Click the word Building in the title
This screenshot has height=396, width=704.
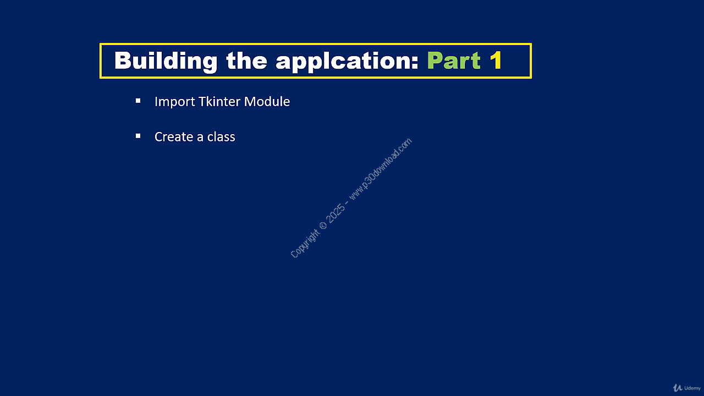[166, 61]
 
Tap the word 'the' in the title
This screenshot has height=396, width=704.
[247, 60]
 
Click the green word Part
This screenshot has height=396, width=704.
[454, 60]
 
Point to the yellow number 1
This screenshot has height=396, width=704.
[496, 60]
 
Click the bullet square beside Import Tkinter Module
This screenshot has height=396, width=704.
[138, 101]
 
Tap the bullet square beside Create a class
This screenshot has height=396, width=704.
[138, 136]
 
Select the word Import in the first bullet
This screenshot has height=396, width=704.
[175, 102]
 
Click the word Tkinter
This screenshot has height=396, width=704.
[219, 102]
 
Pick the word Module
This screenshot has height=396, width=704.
[267, 102]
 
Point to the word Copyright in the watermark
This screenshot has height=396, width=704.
[304, 244]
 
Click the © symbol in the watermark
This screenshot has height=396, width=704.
[323, 226]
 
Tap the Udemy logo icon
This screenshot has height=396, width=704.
[677, 388]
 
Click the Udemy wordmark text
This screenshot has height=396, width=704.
[692, 388]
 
